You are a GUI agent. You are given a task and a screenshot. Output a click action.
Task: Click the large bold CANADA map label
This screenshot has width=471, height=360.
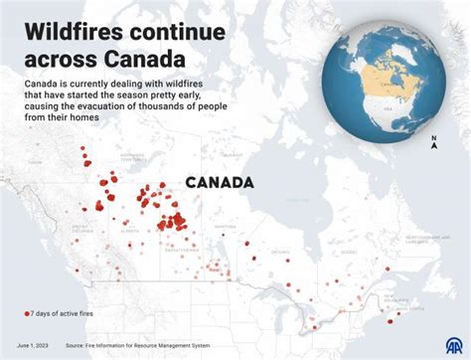(x=220, y=182)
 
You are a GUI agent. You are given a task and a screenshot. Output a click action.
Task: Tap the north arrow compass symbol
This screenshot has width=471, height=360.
(x=433, y=143)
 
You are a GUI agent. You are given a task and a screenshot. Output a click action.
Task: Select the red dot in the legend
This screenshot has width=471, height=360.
(x=27, y=313)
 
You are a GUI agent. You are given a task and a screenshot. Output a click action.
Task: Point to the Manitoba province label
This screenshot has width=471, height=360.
(x=226, y=227)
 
